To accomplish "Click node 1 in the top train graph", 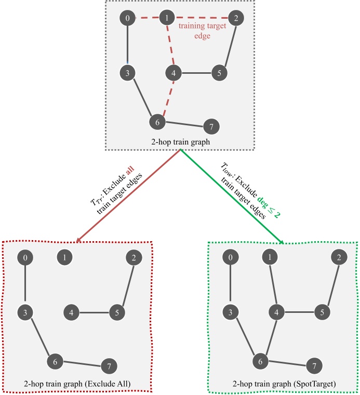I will point(166,19).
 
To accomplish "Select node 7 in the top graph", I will point(211,126).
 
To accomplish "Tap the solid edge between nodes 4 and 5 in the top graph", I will point(196,73).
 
